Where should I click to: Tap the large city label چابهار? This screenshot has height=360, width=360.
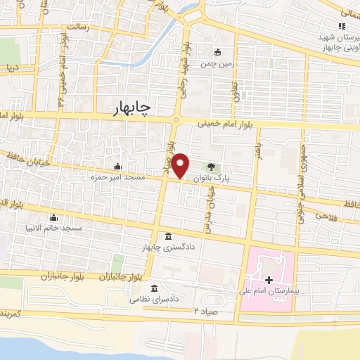pos(131,108)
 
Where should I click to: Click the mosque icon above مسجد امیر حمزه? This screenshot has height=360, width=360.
pos(116,167)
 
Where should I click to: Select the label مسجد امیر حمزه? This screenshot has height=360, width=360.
pos(117,179)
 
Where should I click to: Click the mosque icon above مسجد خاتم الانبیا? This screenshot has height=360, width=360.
pos(53,217)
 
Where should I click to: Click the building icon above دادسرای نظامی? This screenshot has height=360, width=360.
pos(154,288)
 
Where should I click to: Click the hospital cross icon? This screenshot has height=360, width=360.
pos(268,280)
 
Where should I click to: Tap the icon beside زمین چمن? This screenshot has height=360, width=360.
pos(218,51)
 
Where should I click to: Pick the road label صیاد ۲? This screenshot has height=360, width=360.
pos(214,310)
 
